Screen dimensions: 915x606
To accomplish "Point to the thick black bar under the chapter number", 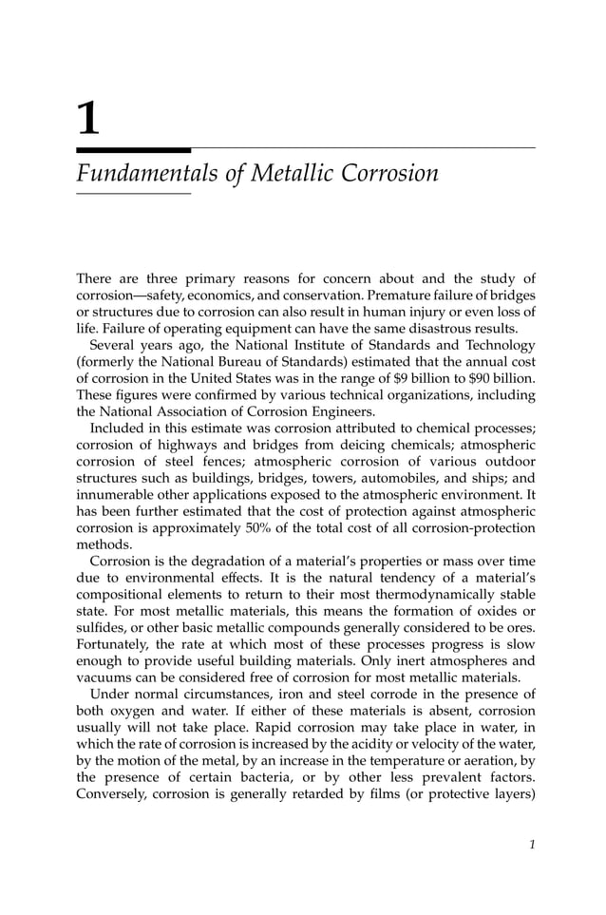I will pos(133,149).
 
